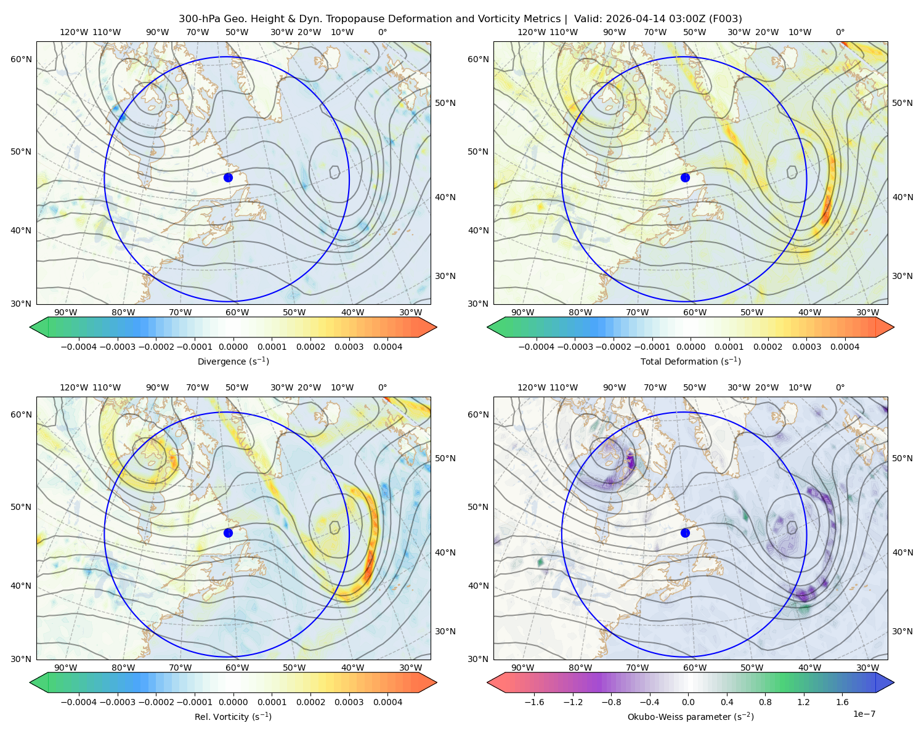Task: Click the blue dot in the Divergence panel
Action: (228, 177)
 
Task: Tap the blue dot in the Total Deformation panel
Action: (685, 177)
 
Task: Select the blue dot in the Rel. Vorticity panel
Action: (228, 533)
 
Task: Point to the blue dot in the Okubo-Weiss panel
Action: (685, 533)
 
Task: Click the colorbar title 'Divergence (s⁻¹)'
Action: (233, 361)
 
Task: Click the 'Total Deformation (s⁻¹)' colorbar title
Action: (691, 361)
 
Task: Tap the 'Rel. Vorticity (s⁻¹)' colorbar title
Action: (233, 716)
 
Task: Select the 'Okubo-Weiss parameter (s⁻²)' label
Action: (691, 716)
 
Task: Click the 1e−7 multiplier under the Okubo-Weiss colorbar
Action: (864, 714)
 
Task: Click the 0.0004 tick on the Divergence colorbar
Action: (387, 347)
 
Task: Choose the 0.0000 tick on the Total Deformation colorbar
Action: (691, 347)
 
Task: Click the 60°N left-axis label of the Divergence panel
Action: (21, 59)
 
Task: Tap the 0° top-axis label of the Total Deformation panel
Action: (840, 32)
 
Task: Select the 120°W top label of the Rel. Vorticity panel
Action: (74, 387)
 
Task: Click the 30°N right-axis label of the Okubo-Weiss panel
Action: (902, 631)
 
